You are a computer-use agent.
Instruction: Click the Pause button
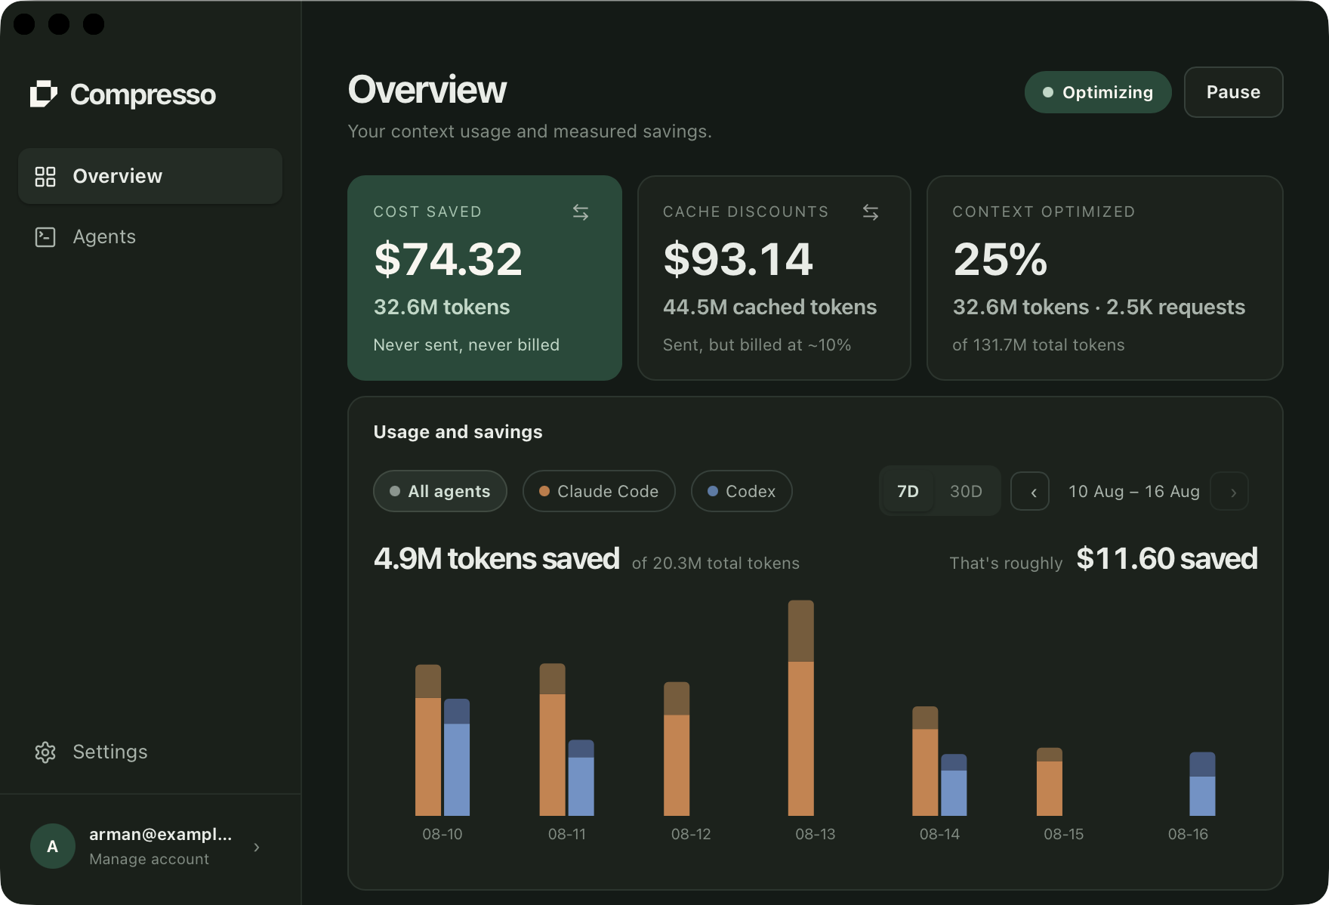pyautogui.click(x=1233, y=92)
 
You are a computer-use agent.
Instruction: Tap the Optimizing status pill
pyautogui.click(x=1098, y=92)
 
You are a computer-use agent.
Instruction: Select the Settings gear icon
pyautogui.click(x=45, y=752)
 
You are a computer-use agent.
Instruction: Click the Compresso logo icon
pyautogui.click(x=44, y=94)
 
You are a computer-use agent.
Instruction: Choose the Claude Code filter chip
pyautogui.click(x=599, y=491)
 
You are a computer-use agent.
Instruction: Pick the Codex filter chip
pyautogui.click(x=742, y=491)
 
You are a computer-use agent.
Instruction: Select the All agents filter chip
pyautogui.click(x=440, y=491)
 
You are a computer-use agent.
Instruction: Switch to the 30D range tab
pyautogui.click(x=966, y=491)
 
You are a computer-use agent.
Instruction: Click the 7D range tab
pyautogui.click(x=908, y=491)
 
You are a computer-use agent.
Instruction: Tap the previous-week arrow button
pyautogui.click(x=1030, y=492)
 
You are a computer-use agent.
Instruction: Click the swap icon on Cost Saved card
pyautogui.click(x=581, y=212)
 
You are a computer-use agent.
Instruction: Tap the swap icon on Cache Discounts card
pyautogui.click(x=871, y=212)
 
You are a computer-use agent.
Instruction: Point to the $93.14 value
pyautogui.click(x=738, y=259)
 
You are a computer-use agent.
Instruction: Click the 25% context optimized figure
pyautogui.click(x=1001, y=259)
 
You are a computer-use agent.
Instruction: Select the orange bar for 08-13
pyautogui.click(x=800, y=738)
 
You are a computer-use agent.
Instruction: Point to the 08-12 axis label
pyautogui.click(x=691, y=834)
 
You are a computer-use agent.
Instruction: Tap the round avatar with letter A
pyautogui.click(x=53, y=846)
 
